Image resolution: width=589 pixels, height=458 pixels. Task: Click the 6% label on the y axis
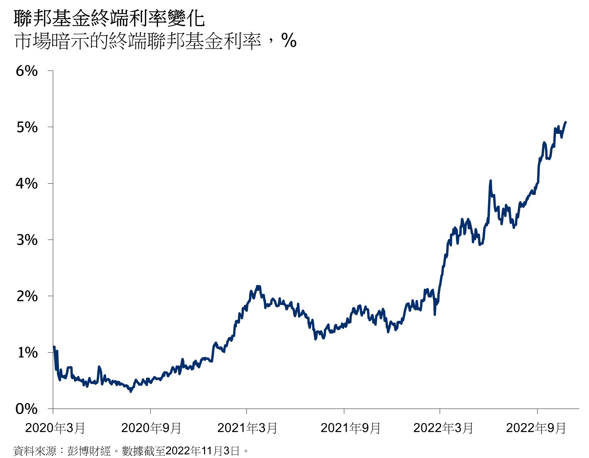(x=27, y=71)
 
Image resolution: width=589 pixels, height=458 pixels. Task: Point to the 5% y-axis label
(x=27, y=127)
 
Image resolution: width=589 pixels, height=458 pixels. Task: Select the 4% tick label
(x=27, y=184)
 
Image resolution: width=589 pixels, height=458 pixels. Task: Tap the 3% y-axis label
(x=27, y=240)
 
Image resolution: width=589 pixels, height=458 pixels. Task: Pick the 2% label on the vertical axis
(x=27, y=296)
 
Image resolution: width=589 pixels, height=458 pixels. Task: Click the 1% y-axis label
(x=27, y=352)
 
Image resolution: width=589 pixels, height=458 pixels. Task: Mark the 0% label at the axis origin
(x=27, y=409)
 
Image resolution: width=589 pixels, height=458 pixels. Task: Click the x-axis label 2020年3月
(x=55, y=428)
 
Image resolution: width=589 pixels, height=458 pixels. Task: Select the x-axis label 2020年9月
(x=151, y=428)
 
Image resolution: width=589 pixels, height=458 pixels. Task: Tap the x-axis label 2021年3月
(x=247, y=428)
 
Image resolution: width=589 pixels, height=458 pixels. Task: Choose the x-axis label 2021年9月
(x=351, y=428)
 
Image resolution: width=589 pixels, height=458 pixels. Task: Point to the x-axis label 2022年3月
(x=443, y=428)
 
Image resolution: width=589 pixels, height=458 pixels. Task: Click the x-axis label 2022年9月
(x=536, y=428)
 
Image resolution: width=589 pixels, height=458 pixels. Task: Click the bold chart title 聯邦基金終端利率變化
(x=109, y=18)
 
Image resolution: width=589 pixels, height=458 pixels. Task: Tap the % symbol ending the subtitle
(x=289, y=41)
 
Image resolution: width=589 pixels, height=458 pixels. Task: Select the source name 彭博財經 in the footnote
(x=89, y=451)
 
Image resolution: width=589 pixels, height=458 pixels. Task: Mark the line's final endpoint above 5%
(x=565, y=122)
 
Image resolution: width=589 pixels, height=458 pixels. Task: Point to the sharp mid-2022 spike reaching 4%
(x=490, y=181)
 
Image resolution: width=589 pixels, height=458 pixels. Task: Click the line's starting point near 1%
(x=54, y=347)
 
